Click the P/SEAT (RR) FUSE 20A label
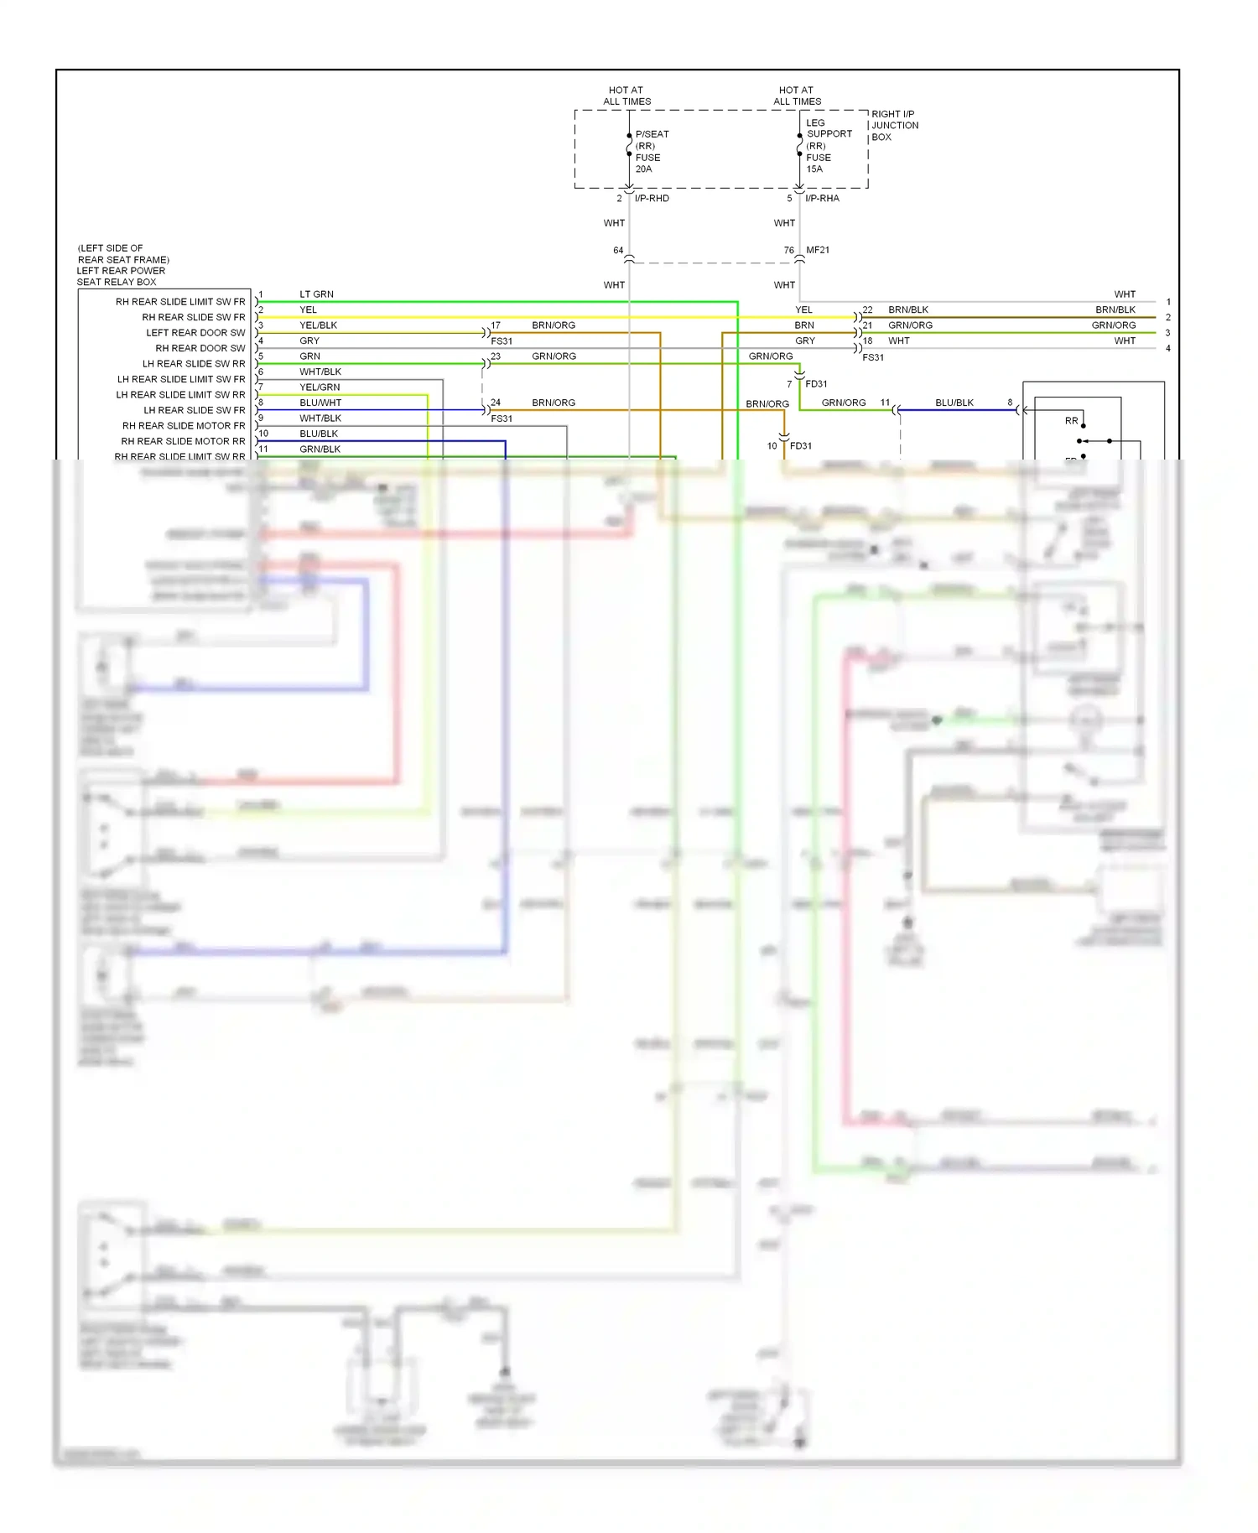point(651,151)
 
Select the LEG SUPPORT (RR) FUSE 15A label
point(828,145)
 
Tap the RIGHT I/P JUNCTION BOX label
point(894,125)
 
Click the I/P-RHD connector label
point(652,198)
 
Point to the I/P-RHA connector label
point(822,198)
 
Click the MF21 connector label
point(818,250)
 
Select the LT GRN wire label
point(316,294)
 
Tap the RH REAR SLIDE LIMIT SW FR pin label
point(180,302)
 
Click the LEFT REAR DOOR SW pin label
point(195,333)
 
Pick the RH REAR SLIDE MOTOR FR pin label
point(184,426)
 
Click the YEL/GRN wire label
point(320,387)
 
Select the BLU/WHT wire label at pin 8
point(320,403)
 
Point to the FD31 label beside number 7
point(816,384)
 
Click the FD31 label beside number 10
point(801,446)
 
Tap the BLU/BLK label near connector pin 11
point(954,403)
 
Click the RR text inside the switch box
point(1071,421)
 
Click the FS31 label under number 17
point(502,341)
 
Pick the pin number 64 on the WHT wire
point(618,251)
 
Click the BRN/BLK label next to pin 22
point(908,309)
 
